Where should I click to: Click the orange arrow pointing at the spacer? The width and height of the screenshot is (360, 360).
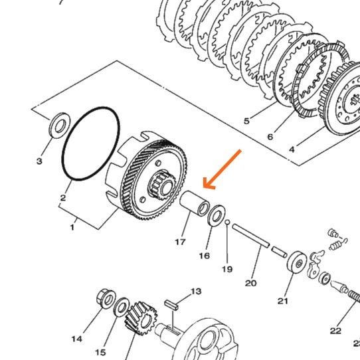223,169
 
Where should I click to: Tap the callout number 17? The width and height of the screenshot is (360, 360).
180,242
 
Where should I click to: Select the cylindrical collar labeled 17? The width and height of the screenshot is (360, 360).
194,203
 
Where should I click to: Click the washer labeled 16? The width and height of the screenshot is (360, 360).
217,216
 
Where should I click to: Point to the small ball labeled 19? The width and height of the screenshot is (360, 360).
227,222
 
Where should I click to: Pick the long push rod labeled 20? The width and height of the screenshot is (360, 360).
250,236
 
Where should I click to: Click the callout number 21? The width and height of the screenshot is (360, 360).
283,301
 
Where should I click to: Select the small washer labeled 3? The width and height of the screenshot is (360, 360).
60,126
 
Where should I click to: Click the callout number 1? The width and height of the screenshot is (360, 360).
72,227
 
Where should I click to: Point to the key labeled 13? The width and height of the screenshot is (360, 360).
171,306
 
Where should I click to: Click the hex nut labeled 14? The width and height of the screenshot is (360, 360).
106,298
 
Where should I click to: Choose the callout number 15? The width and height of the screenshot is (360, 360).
100,352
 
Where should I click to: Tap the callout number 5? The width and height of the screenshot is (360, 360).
246,121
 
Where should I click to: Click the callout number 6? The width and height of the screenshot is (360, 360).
270,137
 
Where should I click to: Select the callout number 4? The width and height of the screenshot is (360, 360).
292,149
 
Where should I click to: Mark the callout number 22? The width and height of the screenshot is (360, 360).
335,331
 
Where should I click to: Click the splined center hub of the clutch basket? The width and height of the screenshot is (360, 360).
163,184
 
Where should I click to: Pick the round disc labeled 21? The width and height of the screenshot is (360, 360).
297,262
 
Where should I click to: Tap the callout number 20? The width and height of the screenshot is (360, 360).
250,283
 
